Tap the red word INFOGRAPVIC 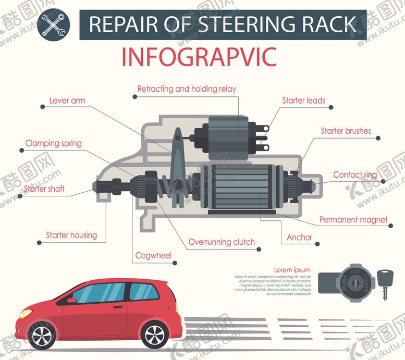point(199,57)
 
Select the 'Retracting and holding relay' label point(186,89)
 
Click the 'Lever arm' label point(67,100)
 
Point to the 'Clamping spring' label point(53,143)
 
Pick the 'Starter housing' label point(71,235)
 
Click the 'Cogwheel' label point(153,255)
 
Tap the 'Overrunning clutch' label point(222,242)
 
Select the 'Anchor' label point(299,238)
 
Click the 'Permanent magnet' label point(353,220)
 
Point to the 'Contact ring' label point(354,175)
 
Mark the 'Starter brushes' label point(346,131)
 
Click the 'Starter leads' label point(303,101)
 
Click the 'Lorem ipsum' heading point(292,270)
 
